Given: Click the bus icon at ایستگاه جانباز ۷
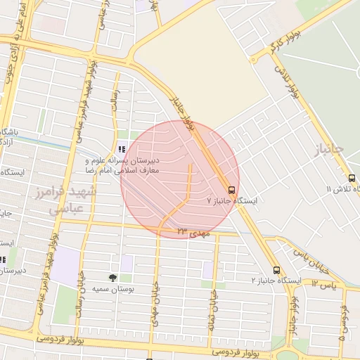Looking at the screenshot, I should pyautogui.click(x=231, y=189).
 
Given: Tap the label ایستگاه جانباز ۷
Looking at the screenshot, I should pyautogui.click(x=232, y=201).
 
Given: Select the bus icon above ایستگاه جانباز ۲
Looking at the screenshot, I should pyautogui.click(x=276, y=270).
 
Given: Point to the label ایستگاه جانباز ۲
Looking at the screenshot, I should pyautogui.click(x=276, y=281).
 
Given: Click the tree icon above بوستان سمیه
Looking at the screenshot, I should pyautogui.click(x=113, y=278).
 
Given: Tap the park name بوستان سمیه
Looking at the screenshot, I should pyautogui.click(x=115, y=289).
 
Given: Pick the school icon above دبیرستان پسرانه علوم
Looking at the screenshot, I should pyautogui.click(x=122, y=149).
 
